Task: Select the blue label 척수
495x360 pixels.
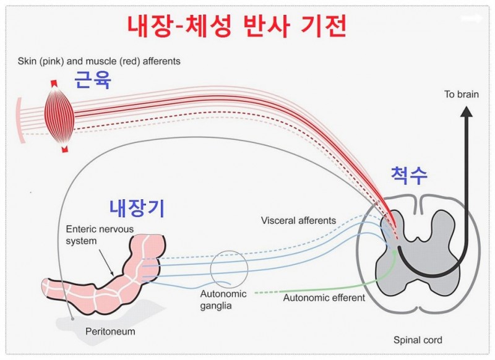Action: click(x=409, y=176)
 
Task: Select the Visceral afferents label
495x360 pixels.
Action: click(x=298, y=220)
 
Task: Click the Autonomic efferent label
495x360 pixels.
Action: click(x=324, y=298)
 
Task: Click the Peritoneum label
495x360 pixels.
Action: click(x=110, y=332)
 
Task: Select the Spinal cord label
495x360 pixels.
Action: click(x=418, y=340)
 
